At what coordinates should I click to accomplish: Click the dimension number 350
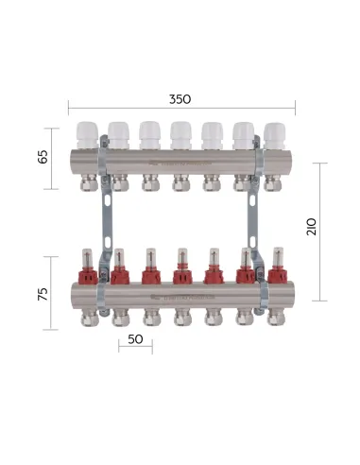(179, 97)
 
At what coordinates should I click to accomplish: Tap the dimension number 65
(43, 156)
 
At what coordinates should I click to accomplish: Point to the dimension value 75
(43, 294)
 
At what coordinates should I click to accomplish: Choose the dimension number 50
(135, 337)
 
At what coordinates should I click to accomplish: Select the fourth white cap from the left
(180, 132)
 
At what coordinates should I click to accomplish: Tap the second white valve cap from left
(118, 132)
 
